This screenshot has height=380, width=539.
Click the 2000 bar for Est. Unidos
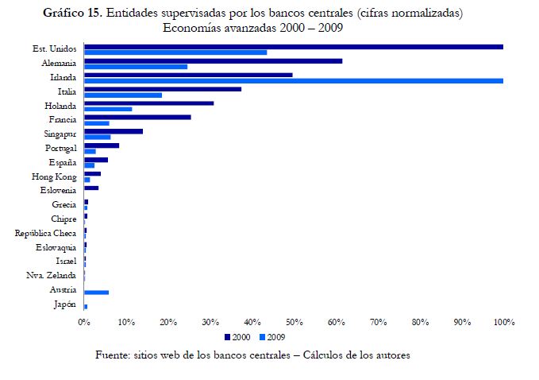tap(294, 47)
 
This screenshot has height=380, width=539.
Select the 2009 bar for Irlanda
tap(294, 80)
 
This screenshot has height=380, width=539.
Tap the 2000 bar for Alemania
tap(213, 60)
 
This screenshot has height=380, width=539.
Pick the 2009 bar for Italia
tap(123, 95)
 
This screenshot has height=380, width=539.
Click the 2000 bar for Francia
tap(137, 117)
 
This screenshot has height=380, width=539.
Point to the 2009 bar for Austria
tap(96, 293)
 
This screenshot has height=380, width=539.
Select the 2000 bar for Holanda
tap(148, 103)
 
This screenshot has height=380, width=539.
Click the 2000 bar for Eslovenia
tap(91, 188)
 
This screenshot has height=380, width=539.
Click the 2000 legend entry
tap(237, 337)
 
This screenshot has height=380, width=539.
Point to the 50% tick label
tap(294, 322)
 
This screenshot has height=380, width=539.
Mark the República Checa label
tap(45, 233)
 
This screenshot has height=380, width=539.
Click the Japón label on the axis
tap(64, 304)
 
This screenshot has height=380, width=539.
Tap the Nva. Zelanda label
tap(51, 276)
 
